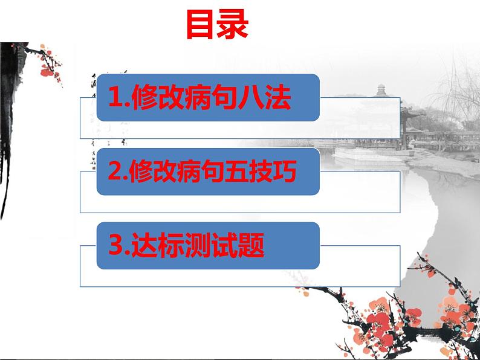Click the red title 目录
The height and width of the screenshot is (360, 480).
[x=216, y=24]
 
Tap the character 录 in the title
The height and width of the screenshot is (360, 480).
[x=233, y=24]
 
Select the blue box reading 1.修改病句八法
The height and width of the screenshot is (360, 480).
[x=207, y=97]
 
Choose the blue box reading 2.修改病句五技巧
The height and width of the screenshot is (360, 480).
[x=207, y=172]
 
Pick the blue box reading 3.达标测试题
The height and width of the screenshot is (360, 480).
[x=207, y=245]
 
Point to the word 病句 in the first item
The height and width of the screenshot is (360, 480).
[x=210, y=98]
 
